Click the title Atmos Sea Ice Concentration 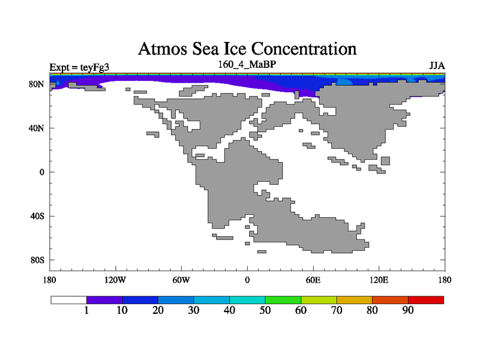tap(247, 48)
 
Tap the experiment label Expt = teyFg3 tap(79, 67)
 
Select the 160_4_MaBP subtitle tap(247, 64)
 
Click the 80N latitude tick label tap(37, 84)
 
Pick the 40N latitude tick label tap(37, 128)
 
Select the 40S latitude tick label tap(37, 216)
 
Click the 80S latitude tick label tap(37, 260)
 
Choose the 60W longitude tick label tap(181, 280)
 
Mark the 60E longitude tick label tap(313, 280)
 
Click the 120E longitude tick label tap(379, 280)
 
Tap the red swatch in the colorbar tap(426, 299)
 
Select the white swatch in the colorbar tap(68, 299)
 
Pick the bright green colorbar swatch tap(283, 299)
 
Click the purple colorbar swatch tap(104, 299)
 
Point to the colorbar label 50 tap(265, 311)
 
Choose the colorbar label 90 tap(408, 311)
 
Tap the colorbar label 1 tap(86, 311)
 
